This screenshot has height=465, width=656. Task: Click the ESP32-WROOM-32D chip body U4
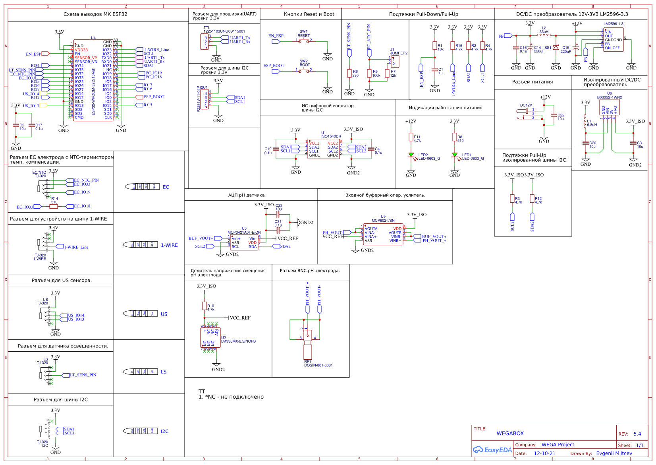[93, 79]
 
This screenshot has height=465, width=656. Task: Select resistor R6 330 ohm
[349, 73]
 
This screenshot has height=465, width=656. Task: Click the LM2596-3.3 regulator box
[613, 40]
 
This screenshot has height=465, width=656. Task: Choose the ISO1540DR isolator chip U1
[323, 149]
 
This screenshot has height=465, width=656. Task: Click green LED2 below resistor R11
[411, 155]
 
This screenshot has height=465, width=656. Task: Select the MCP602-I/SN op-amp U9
[383, 234]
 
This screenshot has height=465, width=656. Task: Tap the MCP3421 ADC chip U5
[244, 242]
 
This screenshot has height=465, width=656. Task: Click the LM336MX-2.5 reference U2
[210, 337]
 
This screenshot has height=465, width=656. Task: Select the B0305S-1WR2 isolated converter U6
[609, 107]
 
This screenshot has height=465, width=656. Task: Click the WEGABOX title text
[510, 434]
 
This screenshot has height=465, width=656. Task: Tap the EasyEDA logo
[492, 450]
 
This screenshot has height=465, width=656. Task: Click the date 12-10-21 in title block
[544, 453]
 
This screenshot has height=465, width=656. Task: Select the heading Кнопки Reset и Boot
[309, 14]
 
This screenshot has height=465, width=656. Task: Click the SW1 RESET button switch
[304, 40]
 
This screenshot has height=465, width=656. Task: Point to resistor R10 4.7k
[205, 306]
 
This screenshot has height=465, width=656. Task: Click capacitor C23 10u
[278, 213]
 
